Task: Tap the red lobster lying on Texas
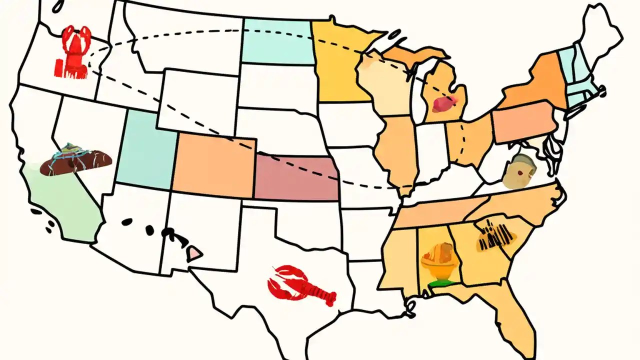click(x=300, y=285)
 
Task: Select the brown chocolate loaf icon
click(x=75, y=161)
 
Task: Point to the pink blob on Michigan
click(x=443, y=103)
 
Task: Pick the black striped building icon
click(x=495, y=235)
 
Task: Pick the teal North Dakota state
click(x=277, y=42)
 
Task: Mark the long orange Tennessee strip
click(x=440, y=212)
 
